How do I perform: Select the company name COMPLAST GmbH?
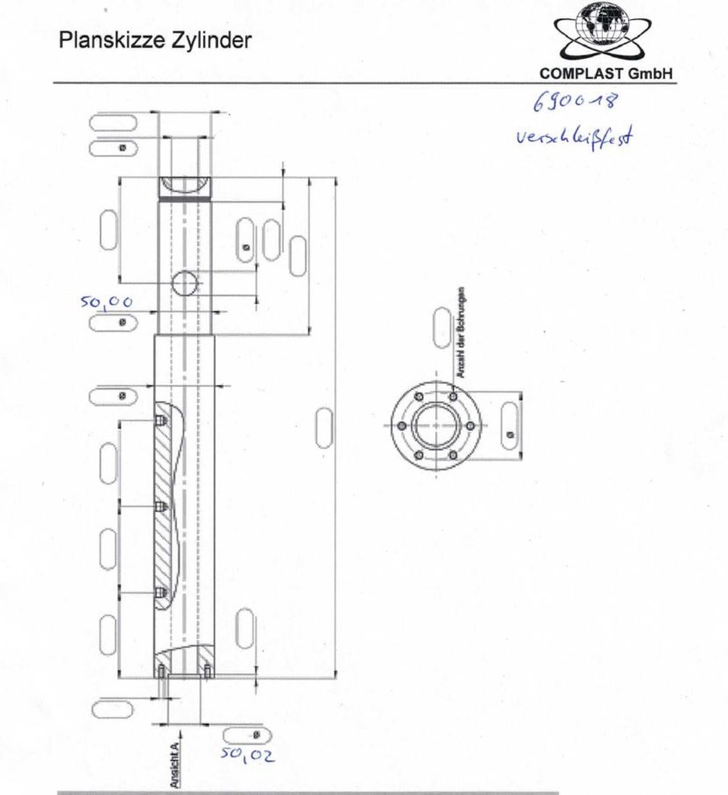tap(606, 74)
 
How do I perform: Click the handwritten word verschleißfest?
tap(573, 137)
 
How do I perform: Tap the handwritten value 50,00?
tap(107, 302)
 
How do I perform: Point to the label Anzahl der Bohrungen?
tap(462, 332)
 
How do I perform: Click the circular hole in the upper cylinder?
tap(185, 283)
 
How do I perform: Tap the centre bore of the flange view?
tap(436, 425)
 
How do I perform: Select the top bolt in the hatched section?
tap(161, 421)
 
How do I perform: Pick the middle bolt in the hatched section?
tap(161, 506)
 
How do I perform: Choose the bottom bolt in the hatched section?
tap(161, 592)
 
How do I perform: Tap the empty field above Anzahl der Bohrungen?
tap(442, 328)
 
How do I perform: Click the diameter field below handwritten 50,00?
tap(113, 322)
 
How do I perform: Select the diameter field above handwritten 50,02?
tap(243, 735)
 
